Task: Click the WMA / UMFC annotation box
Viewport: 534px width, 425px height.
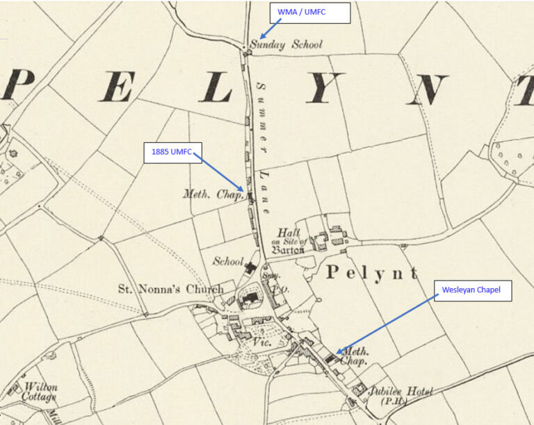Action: pos(309,12)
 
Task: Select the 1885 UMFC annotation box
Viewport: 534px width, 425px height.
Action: pos(172,152)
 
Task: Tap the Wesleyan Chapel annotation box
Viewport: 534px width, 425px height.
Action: pos(472,291)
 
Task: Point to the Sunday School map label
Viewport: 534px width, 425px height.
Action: pos(286,45)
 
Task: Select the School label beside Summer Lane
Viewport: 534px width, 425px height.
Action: pos(228,262)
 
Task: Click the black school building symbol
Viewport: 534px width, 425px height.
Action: pos(251,266)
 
